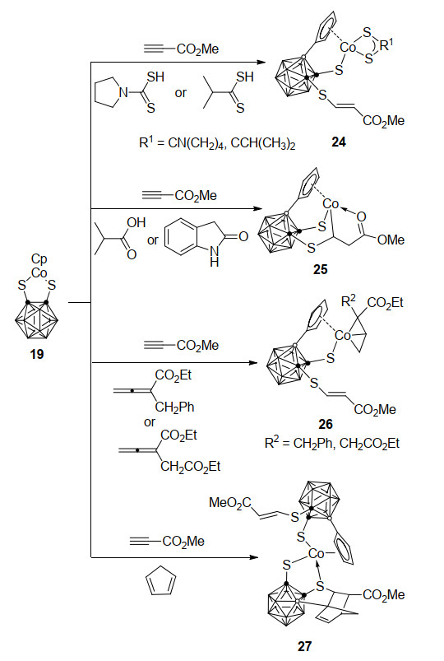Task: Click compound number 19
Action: pos(37,354)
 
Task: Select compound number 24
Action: pos(339,142)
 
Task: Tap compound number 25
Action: pos(321,269)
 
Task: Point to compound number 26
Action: pos(326,424)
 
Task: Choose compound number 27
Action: pos(304,646)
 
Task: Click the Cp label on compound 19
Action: pos(39,258)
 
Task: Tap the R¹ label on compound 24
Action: pos(386,44)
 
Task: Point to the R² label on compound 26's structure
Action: pos(349,300)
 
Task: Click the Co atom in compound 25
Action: pos(331,204)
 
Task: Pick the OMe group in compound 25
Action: pos(391,240)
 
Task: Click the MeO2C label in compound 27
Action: pos(230,503)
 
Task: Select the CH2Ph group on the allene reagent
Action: pos(175,407)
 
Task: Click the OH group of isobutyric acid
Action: pos(136,222)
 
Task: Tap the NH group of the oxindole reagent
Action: pos(215,257)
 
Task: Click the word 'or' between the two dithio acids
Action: pos(181,93)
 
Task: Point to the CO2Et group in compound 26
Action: pos(385,303)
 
